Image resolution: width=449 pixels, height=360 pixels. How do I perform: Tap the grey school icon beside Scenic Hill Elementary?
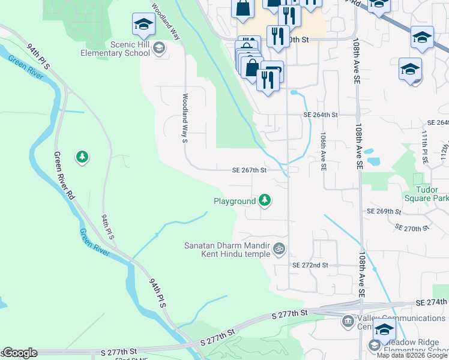coord(159,49)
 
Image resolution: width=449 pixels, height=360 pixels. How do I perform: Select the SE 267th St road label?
coord(250,170)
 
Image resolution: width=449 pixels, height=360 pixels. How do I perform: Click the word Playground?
coord(235,202)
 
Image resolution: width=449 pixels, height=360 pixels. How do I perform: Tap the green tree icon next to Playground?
coord(264,201)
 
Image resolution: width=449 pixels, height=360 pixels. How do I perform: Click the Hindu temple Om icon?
coord(279,248)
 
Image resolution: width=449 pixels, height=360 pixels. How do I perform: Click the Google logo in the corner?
coord(19,353)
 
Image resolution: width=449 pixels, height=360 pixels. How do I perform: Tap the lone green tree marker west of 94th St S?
coord(82,157)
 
